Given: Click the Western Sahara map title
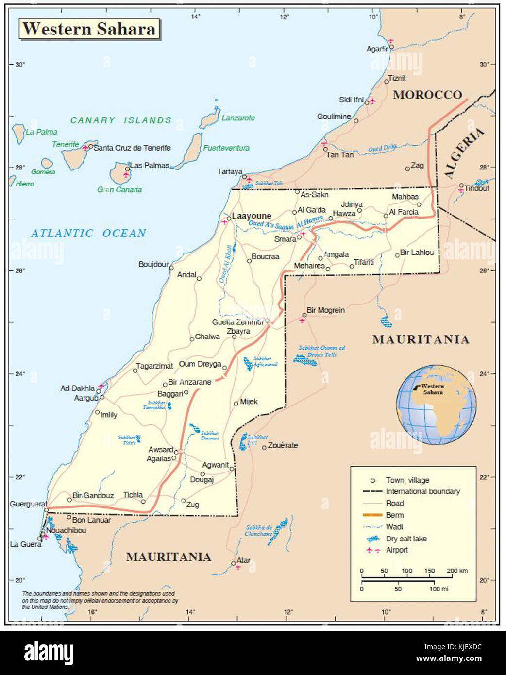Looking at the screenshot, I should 89,29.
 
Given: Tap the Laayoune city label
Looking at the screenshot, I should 252,216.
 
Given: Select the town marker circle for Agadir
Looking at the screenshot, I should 392,47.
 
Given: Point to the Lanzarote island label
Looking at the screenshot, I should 238,118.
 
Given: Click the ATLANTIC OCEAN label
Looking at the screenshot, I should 88,234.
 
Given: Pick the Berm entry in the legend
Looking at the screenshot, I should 394,515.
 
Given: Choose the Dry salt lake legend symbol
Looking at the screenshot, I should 372,539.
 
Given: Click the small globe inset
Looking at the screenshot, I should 436,405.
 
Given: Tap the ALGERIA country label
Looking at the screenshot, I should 464,153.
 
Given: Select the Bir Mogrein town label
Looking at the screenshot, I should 326,310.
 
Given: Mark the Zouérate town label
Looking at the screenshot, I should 283,445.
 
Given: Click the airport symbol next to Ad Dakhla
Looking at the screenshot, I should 101,387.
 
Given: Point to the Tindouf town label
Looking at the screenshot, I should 476,188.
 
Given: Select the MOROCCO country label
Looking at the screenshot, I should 427,95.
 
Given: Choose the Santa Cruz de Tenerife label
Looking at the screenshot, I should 132,148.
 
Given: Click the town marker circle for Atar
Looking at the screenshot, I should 234,563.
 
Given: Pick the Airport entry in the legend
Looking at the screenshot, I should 396,550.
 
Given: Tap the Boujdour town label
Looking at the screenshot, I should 153,264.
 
